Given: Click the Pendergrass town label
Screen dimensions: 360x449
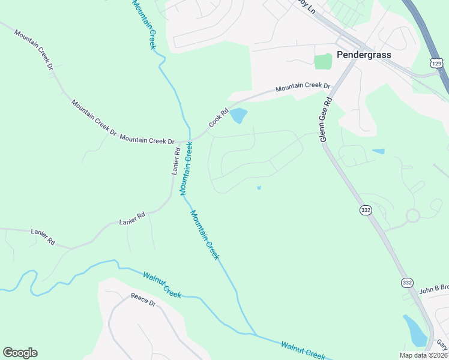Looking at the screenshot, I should (x=364, y=55).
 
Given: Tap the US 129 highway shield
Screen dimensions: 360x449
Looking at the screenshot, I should (x=436, y=62).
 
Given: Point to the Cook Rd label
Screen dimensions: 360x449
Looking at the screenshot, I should (x=219, y=117).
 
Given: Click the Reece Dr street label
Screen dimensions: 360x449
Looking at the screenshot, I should (x=143, y=300).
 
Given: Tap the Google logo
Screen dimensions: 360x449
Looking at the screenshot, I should (x=20, y=353).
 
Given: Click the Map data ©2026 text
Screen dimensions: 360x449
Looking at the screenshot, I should (x=424, y=355).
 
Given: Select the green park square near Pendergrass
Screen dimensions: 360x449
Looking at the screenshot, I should (x=323, y=61).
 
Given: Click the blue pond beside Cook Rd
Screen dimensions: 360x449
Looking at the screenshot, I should (x=238, y=115).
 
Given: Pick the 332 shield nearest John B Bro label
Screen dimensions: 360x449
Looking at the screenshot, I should (x=408, y=283).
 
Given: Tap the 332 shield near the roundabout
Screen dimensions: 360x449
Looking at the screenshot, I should (x=366, y=209).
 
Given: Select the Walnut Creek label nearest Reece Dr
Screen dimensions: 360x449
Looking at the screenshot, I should (x=162, y=284).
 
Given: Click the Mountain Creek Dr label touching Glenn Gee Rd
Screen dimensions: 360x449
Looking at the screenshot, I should (x=303, y=86).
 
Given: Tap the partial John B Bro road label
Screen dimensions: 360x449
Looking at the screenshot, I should (x=434, y=289).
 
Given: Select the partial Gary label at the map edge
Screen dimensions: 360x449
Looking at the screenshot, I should (x=442, y=344).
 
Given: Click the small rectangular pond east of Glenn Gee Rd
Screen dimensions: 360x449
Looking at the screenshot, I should (x=378, y=151).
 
